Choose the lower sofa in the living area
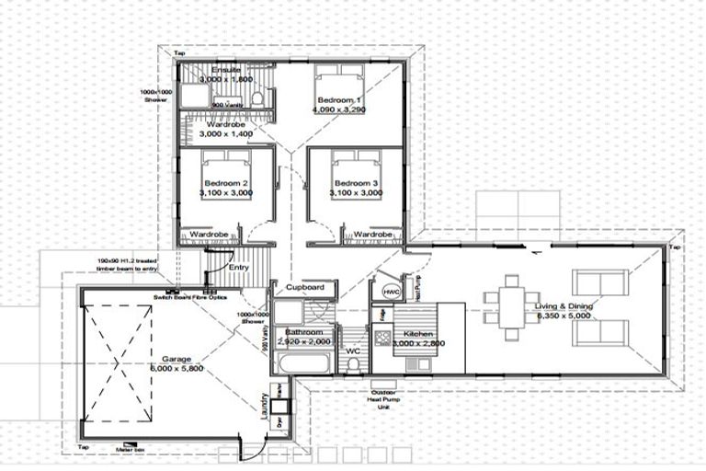(x=600, y=330)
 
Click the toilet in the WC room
(x=353, y=362)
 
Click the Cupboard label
(x=304, y=288)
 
